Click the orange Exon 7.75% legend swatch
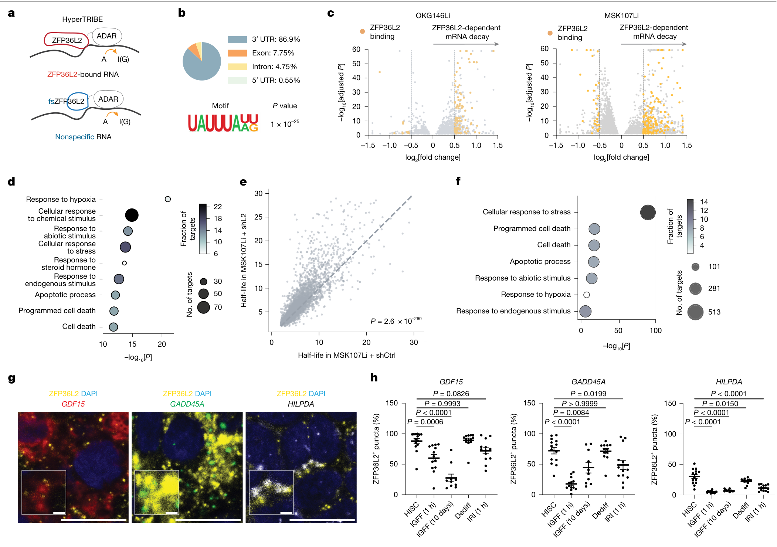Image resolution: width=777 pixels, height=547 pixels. pos(237,53)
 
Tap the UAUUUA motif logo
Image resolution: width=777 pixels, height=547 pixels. pos(223,123)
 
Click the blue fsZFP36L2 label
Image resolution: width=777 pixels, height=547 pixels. pos(66,101)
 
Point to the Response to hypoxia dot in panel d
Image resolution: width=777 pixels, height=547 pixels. pos(168,199)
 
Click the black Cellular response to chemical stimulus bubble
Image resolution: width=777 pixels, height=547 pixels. pos(132,215)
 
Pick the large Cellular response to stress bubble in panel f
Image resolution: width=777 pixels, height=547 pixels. pos(648,213)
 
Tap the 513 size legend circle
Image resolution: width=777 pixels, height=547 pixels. pos(695,312)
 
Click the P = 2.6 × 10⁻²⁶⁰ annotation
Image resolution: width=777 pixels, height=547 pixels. pos(396,321)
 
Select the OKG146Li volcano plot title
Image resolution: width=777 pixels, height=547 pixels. pos(432,16)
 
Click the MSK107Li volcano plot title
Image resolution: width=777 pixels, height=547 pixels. pos(621,16)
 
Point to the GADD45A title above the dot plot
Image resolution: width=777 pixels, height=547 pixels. pos(588,382)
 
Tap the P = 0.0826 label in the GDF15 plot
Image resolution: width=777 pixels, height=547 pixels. pos(451,394)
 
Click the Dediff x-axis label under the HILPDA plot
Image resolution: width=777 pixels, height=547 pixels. pos(740,510)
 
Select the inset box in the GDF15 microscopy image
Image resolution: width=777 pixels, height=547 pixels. pos(44,492)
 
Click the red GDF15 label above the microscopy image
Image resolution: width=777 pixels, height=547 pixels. pos(73,404)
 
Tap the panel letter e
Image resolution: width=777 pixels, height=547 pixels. pos(243,182)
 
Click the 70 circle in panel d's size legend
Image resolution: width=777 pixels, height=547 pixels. pos(204,307)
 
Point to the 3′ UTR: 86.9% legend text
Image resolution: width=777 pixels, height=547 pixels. pos(276,40)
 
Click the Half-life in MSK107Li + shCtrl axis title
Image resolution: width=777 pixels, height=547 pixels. pos(347,355)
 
